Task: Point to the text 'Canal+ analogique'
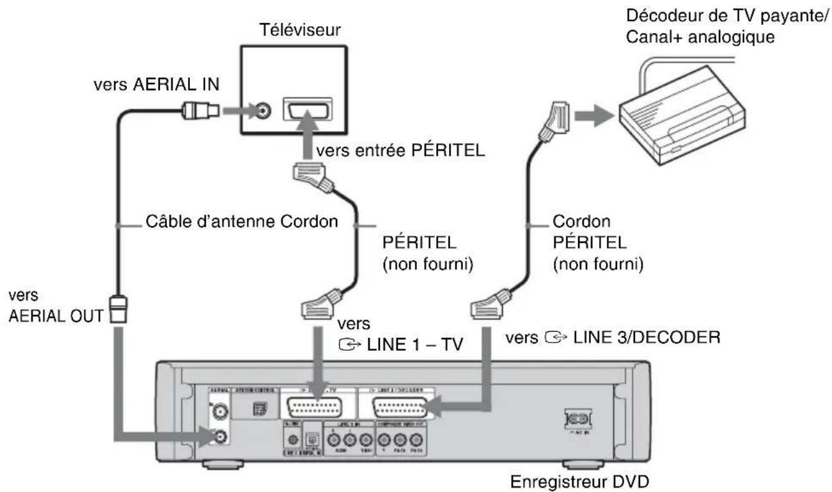(719, 38)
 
